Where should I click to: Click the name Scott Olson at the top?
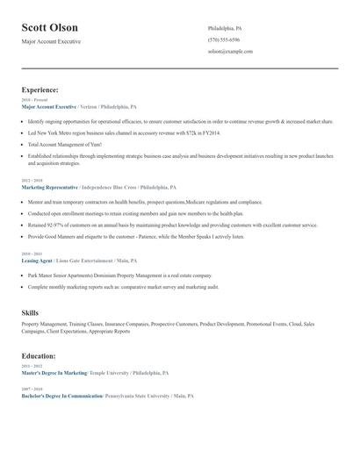click(x=49, y=28)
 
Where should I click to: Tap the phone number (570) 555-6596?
click(x=223, y=39)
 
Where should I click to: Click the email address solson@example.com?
click(x=230, y=52)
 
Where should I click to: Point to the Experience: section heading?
click(x=40, y=89)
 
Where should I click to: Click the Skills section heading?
click(x=31, y=313)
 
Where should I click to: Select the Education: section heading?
click(x=39, y=356)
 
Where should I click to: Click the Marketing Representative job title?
click(x=49, y=187)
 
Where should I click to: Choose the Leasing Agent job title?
click(x=37, y=261)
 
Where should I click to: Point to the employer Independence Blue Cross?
click(x=108, y=187)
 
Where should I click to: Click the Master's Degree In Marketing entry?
click(x=54, y=372)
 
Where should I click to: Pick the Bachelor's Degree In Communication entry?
click(x=61, y=396)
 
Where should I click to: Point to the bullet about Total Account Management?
click(x=64, y=144)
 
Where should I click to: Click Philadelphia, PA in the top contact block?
click(x=225, y=27)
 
